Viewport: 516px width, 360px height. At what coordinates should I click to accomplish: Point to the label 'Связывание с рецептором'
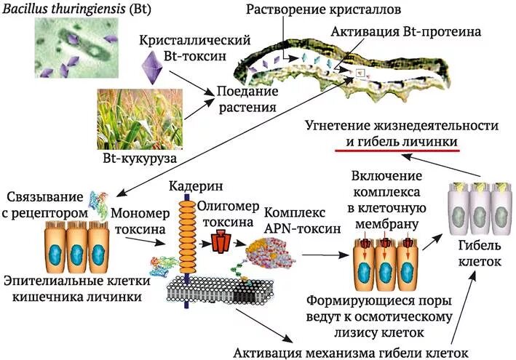(x=46, y=205)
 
